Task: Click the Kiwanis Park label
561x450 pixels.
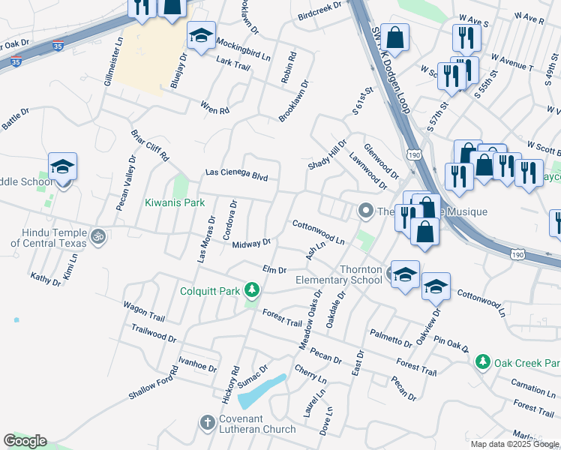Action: click(x=174, y=202)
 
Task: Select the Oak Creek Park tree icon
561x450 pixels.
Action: click(x=483, y=362)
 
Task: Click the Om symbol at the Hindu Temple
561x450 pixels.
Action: click(x=96, y=236)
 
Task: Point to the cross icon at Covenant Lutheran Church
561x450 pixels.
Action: click(x=207, y=422)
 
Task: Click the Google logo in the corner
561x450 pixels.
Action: click(x=25, y=441)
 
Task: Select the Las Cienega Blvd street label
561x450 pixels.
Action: click(x=237, y=174)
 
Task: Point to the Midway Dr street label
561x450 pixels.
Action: click(x=251, y=244)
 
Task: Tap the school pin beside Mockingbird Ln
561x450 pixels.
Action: click(x=201, y=37)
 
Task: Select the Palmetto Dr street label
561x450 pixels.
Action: click(x=391, y=338)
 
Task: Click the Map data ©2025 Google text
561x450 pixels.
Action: click(x=514, y=444)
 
